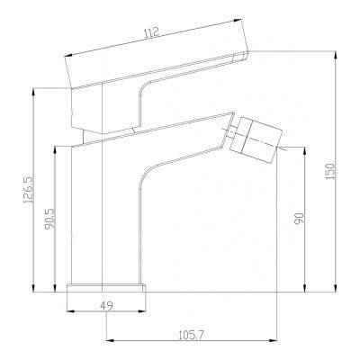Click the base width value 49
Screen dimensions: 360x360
(x=106, y=306)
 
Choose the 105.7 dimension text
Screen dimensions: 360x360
(x=191, y=335)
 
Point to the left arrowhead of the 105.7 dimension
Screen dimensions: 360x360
(x=112, y=341)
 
